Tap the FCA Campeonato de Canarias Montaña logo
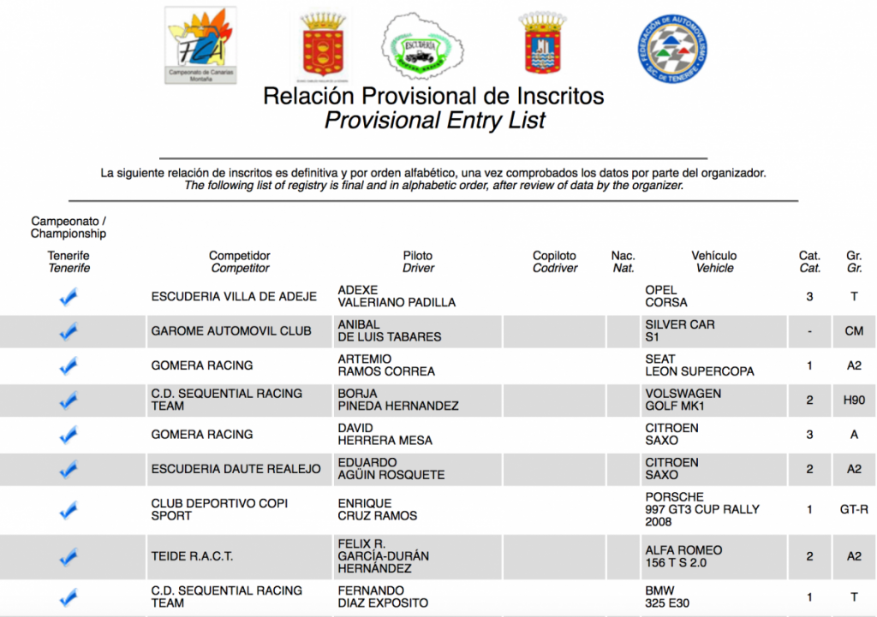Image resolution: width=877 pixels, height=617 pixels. click(x=200, y=45)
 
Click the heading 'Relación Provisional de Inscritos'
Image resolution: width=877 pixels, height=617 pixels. click(x=433, y=96)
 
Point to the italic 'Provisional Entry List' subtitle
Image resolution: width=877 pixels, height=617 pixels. click(x=434, y=121)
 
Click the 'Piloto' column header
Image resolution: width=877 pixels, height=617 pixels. click(x=418, y=256)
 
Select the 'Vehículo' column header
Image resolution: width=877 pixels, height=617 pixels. click(x=713, y=256)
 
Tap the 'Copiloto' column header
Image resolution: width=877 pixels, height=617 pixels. click(x=554, y=256)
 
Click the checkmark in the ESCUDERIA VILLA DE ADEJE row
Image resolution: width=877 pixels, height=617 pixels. click(x=69, y=297)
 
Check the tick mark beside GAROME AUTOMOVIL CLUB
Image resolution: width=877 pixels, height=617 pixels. click(x=69, y=331)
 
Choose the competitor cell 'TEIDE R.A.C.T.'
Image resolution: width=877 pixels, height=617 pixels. click(x=192, y=556)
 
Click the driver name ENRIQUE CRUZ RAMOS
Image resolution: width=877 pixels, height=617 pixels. click(x=377, y=509)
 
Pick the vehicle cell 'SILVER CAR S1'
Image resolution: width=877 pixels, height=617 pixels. click(x=680, y=331)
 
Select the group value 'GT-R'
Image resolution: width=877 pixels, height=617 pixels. click(x=854, y=509)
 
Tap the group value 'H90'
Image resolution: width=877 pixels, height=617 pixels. click(x=854, y=400)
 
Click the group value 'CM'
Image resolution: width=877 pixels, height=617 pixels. click(x=854, y=331)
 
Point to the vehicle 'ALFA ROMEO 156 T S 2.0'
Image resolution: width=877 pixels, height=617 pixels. click(x=683, y=556)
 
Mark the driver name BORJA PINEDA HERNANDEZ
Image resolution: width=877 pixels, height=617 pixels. click(x=397, y=400)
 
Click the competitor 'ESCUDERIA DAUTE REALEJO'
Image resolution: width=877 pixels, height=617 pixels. click(x=236, y=468)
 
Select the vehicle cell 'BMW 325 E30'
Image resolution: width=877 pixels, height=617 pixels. click(x=668, y=596)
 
